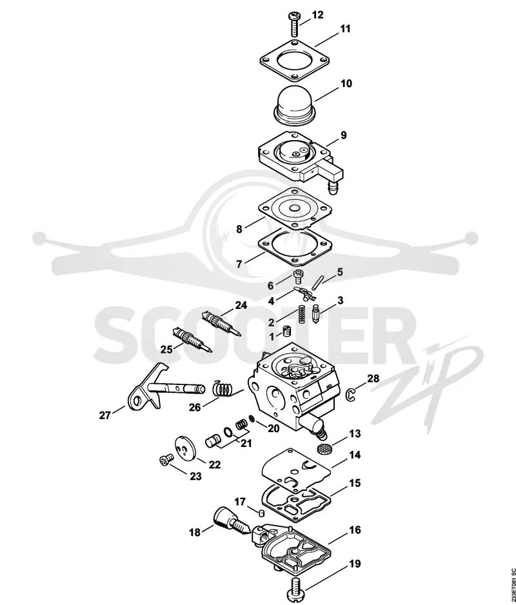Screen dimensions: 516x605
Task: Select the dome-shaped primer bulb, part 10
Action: tap(295, 106)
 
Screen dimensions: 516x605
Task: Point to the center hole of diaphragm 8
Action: tap(295, 208)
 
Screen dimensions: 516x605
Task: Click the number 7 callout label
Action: tap(239, 264)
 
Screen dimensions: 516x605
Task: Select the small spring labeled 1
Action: tap(286, 332)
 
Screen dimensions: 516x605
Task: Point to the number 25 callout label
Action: tap(166, 350)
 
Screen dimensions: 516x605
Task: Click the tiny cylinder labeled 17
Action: tap(261, 513)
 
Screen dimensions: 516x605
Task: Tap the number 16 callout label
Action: tap(355, 530)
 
